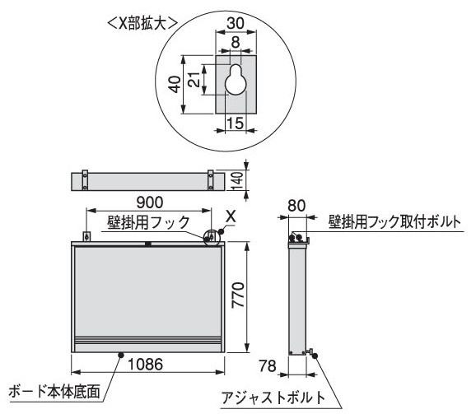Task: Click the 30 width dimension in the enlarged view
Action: point(236,23)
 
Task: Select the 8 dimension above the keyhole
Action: point(236,42)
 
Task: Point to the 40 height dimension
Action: point(175,84)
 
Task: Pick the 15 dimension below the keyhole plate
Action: point(236,123)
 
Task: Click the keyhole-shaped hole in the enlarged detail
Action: point(236,80)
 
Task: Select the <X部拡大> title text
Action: point(142,23)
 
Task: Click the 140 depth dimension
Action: point(237,181)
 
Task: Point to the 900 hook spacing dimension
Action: point(149,202)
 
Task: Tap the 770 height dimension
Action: point(237,295)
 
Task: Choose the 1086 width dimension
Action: point(146,364)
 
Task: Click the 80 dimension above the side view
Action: point(296,206)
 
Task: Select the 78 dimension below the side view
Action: point(268,365)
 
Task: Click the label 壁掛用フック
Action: point(148,222)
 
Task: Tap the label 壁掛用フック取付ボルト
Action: point(394,222)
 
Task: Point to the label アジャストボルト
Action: point(273,398)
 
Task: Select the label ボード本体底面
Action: point(54,391)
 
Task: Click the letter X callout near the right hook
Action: point(231,216)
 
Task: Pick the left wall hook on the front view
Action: point(86,236)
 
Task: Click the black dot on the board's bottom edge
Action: point(121,355)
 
